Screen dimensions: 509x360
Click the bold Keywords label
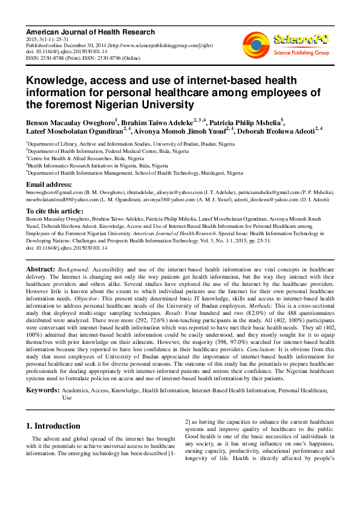pos(43,391)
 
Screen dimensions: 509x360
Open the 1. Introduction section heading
pos(54,426)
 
